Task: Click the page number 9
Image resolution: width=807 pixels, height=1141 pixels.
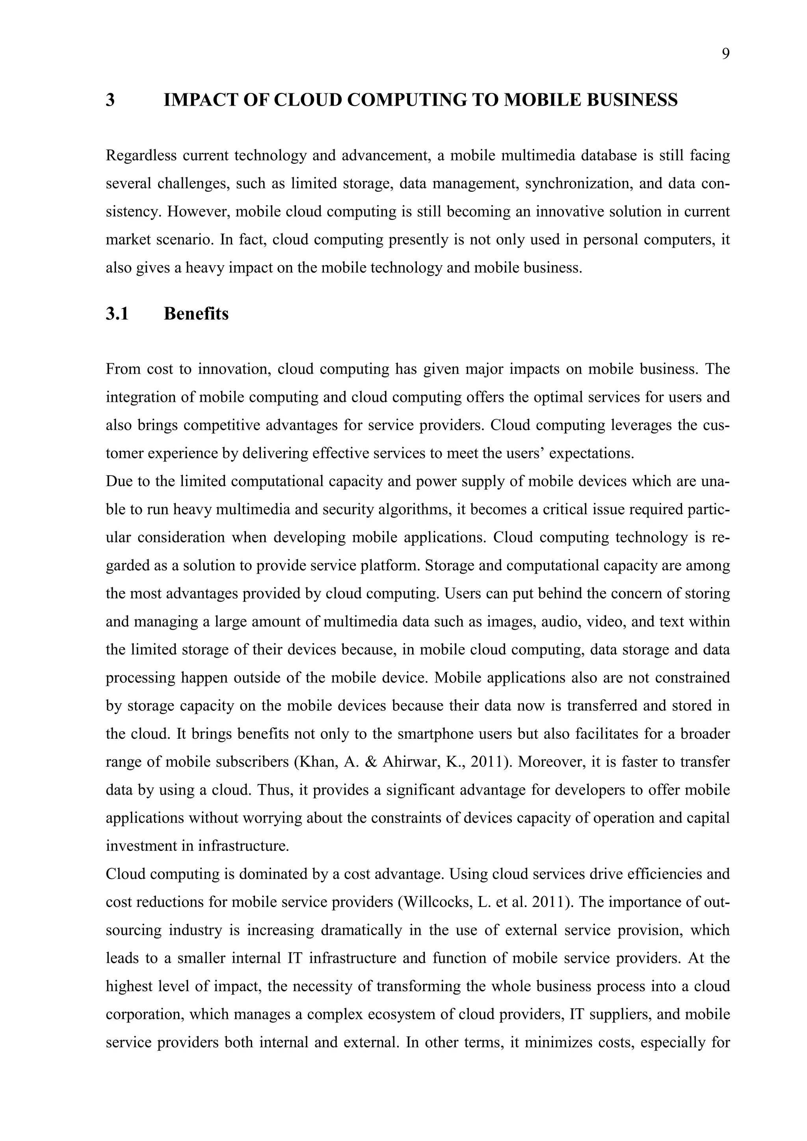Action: [x=725, y=54]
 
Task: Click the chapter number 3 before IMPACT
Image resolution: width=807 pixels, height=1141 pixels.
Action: [x=110, y=100]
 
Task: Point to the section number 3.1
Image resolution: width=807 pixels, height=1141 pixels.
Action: [x=117, y=314]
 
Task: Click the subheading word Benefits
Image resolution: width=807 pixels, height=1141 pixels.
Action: [x=196, y=314]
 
